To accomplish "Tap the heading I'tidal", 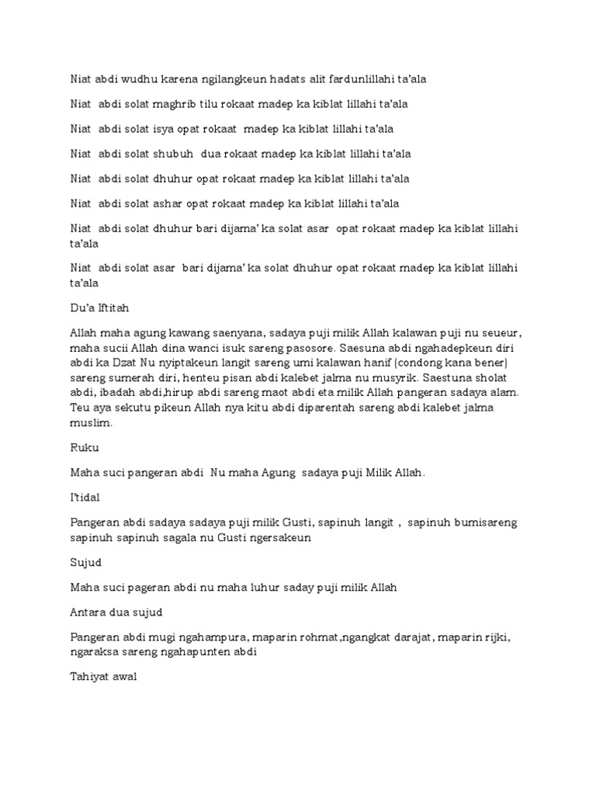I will pos(85,498).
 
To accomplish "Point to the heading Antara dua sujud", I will pos(112,613).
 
